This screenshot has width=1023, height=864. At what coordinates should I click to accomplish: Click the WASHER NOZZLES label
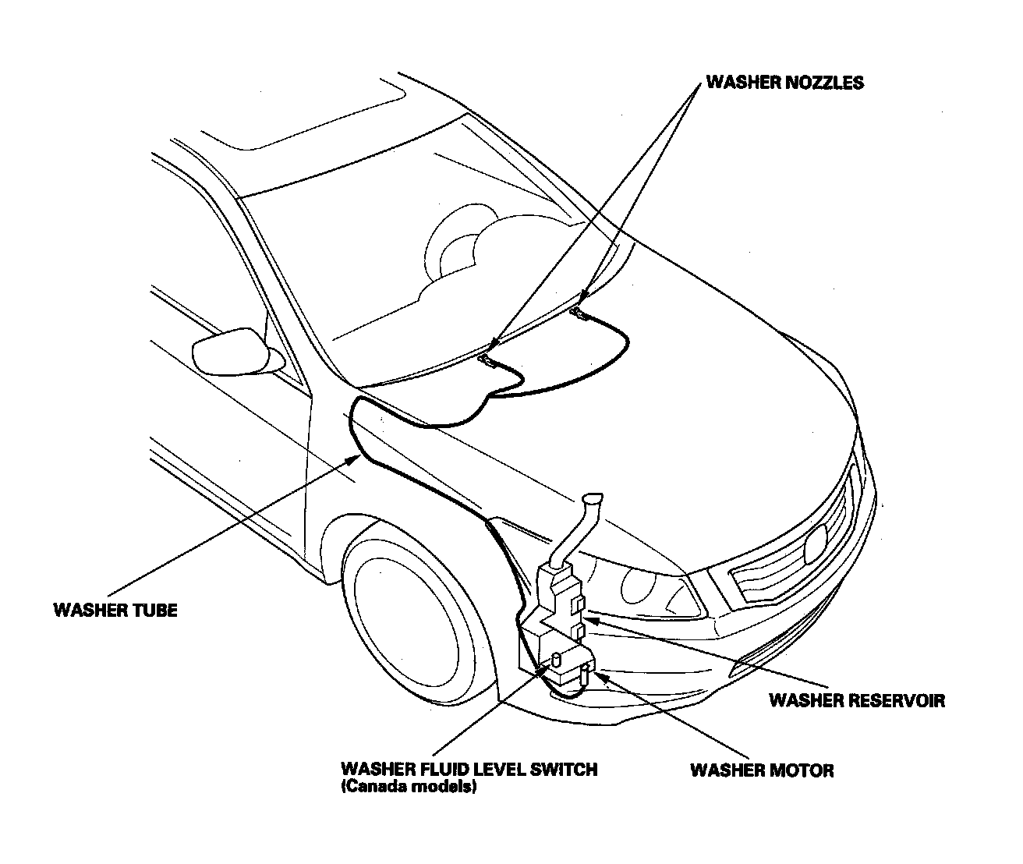784,83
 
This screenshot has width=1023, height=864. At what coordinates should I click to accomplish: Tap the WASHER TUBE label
115,610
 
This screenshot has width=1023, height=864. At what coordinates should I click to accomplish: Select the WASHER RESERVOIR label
856,700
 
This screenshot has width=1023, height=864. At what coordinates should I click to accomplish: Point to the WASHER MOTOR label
762,771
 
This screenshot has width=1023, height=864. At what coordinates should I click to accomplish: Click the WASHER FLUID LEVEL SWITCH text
469,770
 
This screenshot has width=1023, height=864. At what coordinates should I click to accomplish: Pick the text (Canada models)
408,788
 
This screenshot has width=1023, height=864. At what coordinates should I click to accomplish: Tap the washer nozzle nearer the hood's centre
579,313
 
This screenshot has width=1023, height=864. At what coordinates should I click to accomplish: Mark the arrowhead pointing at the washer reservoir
589,620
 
